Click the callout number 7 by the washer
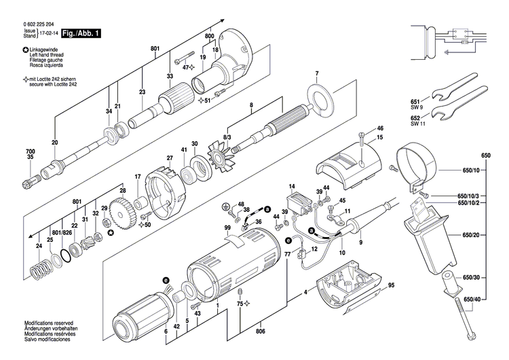click(x=316, y=73)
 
